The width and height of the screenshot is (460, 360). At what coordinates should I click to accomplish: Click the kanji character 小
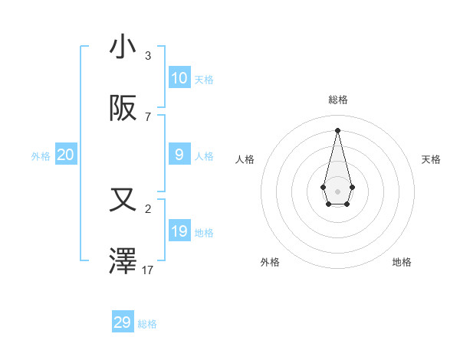(123, 47)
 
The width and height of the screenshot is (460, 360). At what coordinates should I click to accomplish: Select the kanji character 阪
(123, 109)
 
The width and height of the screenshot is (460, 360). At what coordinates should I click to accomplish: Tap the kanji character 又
(123, 201)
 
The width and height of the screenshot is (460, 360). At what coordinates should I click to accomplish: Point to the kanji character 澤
(123, 262)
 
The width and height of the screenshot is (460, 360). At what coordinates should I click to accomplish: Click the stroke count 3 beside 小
(148, 56)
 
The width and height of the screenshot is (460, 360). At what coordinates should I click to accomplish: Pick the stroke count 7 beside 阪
(148, 117)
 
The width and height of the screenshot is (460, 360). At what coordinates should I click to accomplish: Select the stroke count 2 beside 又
(148, 209)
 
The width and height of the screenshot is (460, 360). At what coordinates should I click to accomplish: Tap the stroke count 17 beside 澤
(148, 270)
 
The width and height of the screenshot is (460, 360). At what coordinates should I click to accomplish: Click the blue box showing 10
(179, 78)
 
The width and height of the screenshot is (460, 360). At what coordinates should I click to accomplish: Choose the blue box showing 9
(179, 155)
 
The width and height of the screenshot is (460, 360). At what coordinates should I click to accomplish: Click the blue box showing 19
(179, 231)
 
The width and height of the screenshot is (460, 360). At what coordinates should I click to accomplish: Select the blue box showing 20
(66, 155)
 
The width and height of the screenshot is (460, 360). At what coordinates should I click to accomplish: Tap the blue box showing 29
(123, 322)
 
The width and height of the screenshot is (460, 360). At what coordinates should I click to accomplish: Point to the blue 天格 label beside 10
(204, 80)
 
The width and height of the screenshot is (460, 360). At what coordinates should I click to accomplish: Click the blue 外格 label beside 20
(41, 156)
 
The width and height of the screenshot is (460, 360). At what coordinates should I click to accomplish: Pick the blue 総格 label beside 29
(147, 324)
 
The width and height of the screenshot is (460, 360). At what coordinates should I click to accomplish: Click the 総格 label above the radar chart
(337, 100)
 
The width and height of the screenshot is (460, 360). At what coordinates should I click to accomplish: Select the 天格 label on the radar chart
(431, 159)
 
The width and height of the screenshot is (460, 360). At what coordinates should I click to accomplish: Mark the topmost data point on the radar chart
(337, 129)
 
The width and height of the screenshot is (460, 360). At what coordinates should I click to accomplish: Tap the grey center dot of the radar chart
(337, 191)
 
